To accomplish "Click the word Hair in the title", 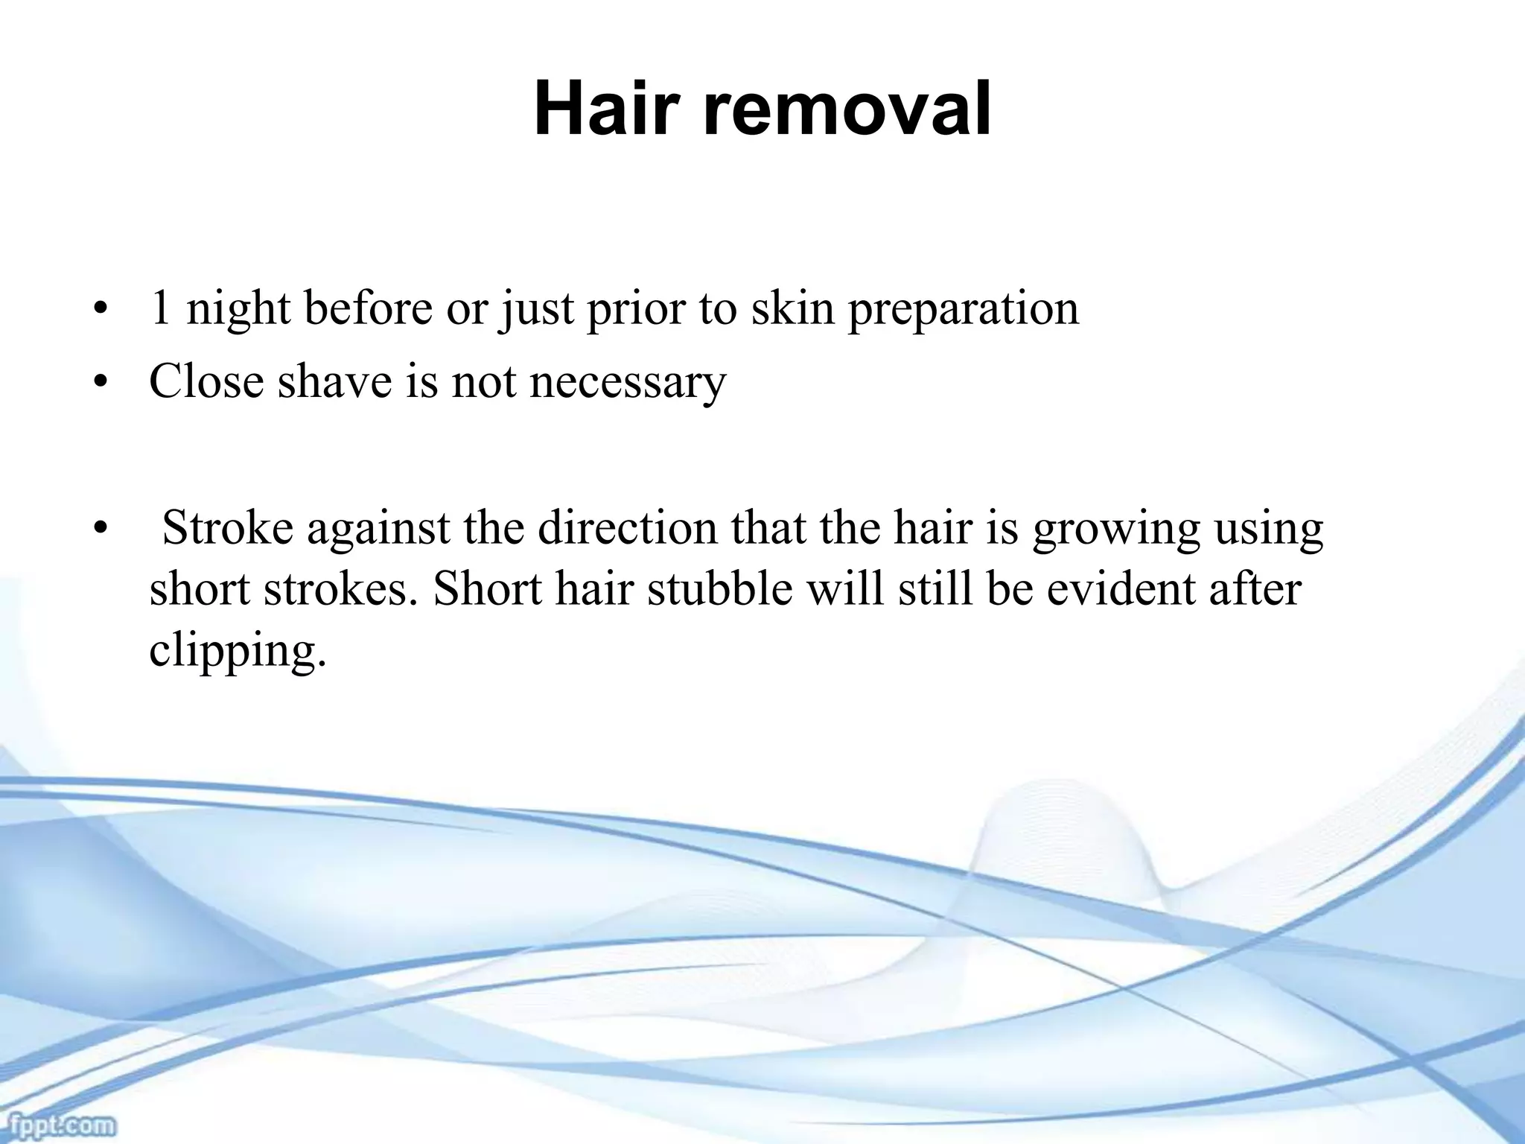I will click(608, 110).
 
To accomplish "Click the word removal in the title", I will click(847, 110).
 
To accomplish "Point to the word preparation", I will click(964, 309).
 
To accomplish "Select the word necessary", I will click(628, 383).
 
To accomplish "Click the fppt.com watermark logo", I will click(57, 1123).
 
